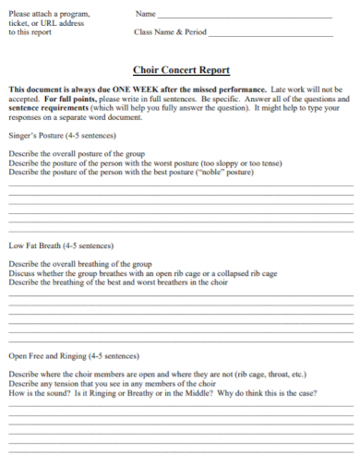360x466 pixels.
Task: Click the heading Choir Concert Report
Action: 181,70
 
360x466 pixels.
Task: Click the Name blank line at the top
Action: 245,18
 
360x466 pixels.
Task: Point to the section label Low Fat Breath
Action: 35,246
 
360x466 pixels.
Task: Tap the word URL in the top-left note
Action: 53,23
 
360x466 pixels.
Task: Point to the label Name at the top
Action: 145,14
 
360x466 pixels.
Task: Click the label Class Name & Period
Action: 171,31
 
